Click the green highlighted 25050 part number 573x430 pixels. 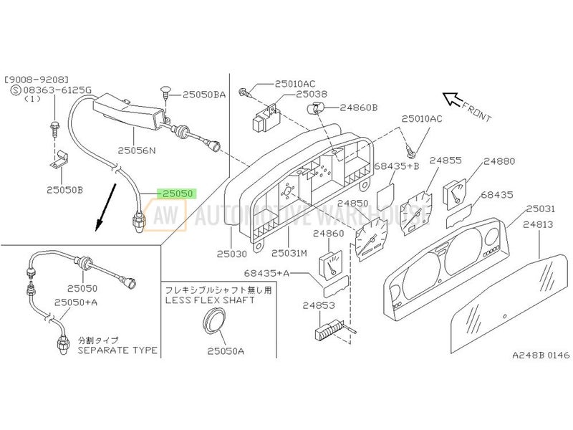178,194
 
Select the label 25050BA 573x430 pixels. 204,94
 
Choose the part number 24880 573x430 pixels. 499,161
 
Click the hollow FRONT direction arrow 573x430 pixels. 451,97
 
